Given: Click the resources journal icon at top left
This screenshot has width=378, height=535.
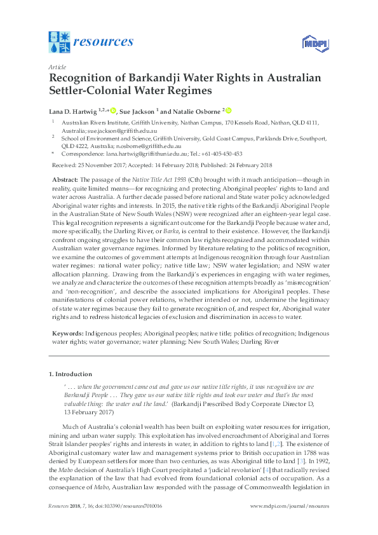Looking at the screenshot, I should pyautogui.click(x=60, y=42).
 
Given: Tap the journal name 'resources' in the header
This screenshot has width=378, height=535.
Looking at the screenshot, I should pyautogui.click(x=104, y=42).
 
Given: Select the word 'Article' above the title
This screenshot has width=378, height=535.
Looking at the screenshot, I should pyautogui.click(x=57, y=66).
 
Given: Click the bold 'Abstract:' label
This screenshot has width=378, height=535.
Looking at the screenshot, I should pyautogui.click(x=62, y=181).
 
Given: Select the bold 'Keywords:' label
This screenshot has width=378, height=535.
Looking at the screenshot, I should pyautogui.click(x=64, y=333).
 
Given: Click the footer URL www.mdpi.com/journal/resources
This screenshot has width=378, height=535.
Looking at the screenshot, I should pyautogui.click(x=290, y=523).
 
